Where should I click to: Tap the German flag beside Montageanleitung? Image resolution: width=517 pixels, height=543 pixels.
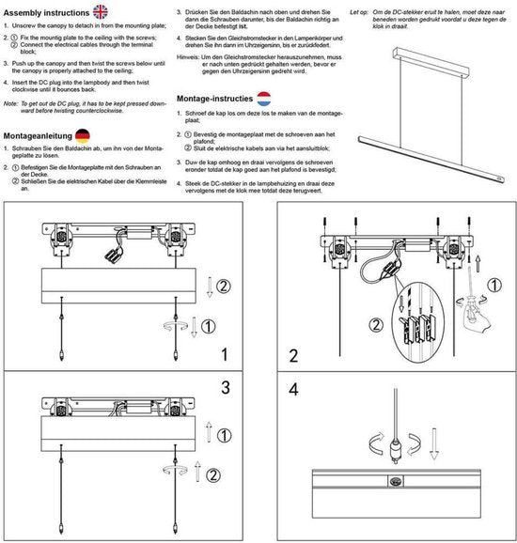tap(83, 135)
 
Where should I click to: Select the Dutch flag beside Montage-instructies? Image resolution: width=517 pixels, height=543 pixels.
tap(265, 99)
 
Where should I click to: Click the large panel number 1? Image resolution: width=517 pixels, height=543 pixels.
tap(224, 354)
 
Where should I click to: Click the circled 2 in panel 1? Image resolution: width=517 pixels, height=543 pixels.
tap(223, 286)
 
